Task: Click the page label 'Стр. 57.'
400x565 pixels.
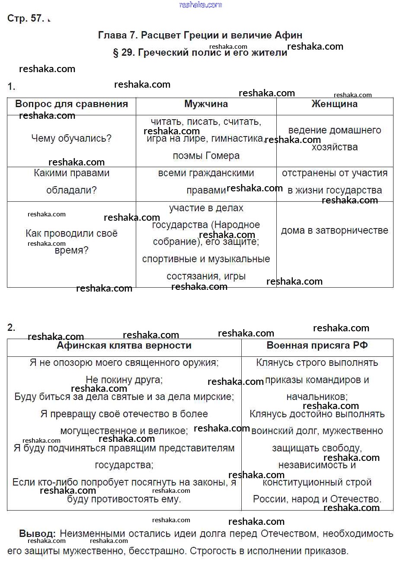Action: coord(26,18)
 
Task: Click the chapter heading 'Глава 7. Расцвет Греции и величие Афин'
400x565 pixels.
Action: coord(200,35)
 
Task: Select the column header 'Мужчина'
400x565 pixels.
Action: coord(206,104)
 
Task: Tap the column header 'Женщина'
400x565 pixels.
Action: coord(334,104)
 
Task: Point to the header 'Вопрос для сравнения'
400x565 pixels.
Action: coord(71,104)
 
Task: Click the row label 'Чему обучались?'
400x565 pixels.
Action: coord(71,138)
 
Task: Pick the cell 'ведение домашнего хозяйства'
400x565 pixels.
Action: coord(334,138)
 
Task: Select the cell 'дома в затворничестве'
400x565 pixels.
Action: coord(334,231)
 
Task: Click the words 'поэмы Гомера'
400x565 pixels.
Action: coord(206,156)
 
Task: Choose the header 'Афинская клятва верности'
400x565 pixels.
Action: coord(124,346)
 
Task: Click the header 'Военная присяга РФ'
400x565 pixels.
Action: coord(317,346)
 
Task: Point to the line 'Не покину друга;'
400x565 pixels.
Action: coord(124,380)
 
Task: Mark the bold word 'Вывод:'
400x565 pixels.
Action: coord(37,534)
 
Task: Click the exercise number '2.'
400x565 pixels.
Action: coord(11,328)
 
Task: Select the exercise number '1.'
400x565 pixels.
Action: coord(11,87)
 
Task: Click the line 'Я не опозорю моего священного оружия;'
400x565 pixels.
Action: coord(124,363)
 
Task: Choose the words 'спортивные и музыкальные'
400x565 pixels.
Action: coord(206,259)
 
